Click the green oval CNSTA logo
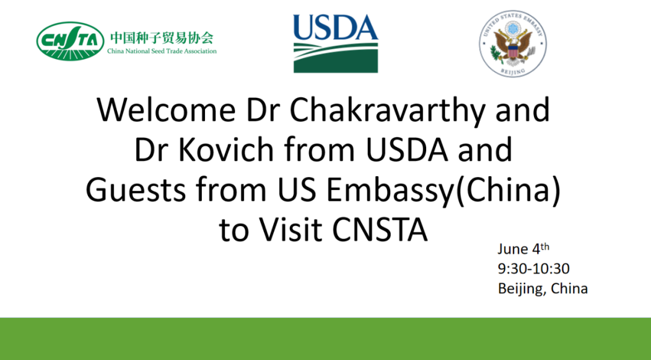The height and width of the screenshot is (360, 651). click(70, 41)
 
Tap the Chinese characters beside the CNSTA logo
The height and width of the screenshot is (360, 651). click(162, 38)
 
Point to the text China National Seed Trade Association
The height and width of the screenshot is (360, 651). click(162, 51)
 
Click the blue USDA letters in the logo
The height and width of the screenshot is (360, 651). click(336, 27)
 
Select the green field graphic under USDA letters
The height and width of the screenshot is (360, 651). click(336, 57)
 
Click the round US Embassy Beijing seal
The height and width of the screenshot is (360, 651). click(513, 43)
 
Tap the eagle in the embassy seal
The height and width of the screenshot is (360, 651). click(513, 46)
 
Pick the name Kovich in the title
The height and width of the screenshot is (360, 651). click(226, 150)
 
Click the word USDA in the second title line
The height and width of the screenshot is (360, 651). click(407, 150)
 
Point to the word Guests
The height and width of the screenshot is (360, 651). click(136, 190)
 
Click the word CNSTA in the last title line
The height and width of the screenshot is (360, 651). click(380, 230)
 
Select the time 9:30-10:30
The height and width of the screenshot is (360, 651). click(533, 269)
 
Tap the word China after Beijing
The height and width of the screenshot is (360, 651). click(569, 289)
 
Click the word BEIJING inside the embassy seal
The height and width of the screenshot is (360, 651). click(513, 71)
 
